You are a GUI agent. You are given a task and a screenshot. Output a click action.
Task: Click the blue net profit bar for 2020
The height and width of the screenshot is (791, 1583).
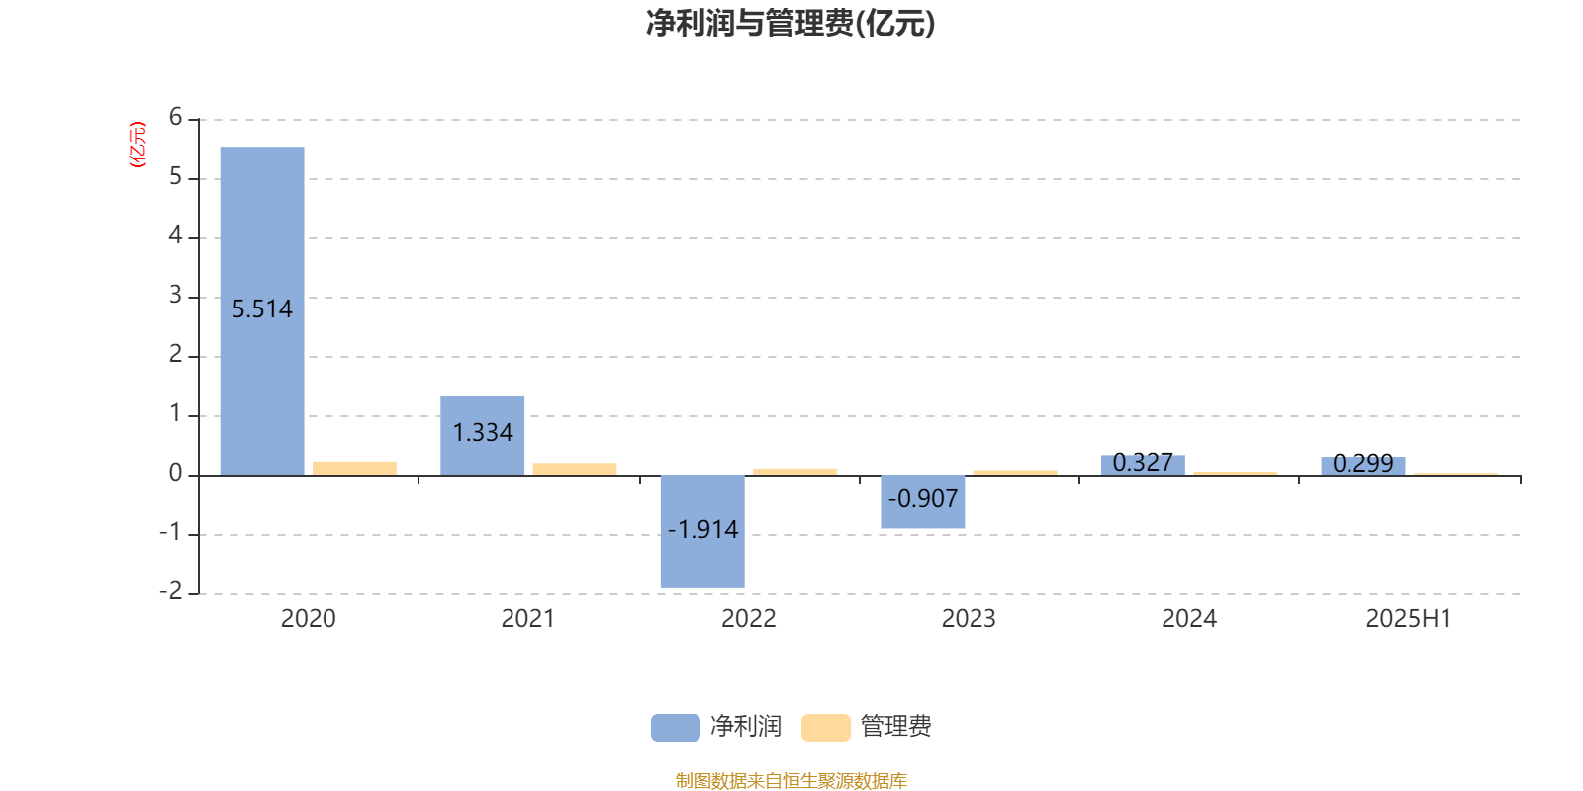click(262, 311)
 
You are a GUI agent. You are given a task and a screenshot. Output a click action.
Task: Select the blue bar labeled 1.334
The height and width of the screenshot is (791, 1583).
click(483, 435)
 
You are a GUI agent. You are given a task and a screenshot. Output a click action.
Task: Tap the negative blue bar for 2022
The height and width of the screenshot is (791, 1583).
click(702, 532)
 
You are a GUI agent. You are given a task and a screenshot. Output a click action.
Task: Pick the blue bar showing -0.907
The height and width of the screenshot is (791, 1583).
click(923, 501)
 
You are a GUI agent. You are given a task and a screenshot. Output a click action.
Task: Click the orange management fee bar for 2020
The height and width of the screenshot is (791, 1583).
click(355, 469)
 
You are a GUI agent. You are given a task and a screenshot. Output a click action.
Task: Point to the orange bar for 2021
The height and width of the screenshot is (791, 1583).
click(575, 469)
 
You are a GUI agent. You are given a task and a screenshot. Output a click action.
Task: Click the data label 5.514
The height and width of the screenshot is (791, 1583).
click(262, 309)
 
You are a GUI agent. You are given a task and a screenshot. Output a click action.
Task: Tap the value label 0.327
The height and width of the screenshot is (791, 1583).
click(1143, 463)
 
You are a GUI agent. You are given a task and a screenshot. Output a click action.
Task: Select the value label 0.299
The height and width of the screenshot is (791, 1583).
click(1363, 464)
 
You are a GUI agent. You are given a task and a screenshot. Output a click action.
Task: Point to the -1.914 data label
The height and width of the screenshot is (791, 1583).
click(702, 530)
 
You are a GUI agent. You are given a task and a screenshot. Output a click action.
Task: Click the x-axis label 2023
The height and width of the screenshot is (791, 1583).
click(969, 619)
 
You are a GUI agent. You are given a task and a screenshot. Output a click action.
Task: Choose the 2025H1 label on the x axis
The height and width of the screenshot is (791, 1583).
click(1409, 619)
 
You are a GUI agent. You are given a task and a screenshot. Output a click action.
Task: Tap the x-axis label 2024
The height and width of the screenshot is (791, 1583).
click(1188, 619)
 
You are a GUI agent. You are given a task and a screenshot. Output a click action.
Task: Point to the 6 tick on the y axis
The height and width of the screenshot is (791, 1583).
click(175, 117)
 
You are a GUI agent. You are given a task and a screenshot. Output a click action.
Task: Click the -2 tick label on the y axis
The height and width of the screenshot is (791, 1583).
click(171, 591)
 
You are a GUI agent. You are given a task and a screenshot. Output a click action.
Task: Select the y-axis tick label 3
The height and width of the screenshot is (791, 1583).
click(175, 295)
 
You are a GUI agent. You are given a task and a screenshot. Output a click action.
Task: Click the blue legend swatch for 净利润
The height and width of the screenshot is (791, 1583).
click(676, 728)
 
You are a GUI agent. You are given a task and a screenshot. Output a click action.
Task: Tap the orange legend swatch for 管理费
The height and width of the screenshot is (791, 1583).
click(825, 728)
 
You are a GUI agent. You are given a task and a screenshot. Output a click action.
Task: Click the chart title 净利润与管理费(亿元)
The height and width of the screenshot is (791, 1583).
click(791, 23)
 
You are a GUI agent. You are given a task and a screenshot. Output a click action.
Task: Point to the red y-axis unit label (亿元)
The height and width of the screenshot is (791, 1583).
click(138, 144)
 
